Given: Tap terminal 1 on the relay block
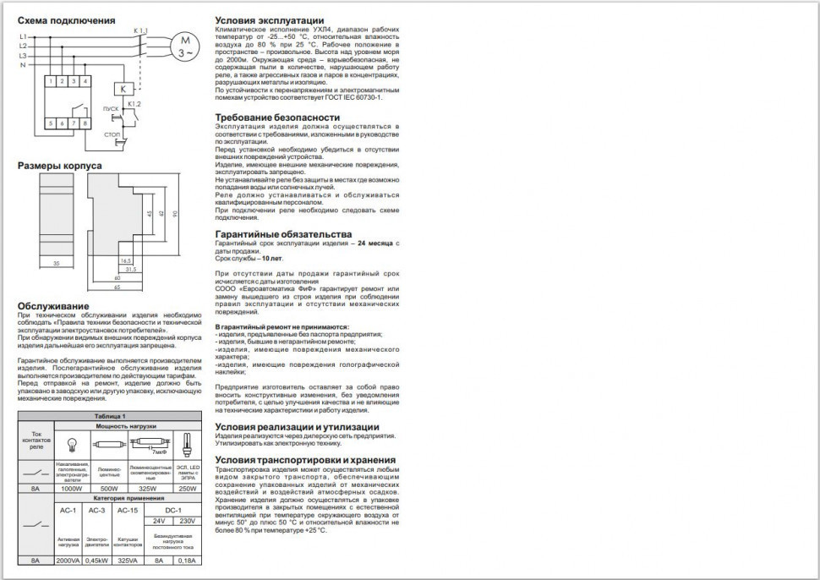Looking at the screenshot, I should point(52,81).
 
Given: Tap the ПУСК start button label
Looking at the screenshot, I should point(110,110).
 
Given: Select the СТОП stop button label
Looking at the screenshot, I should point(111,134).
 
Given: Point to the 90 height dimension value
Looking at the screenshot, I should point(175,213).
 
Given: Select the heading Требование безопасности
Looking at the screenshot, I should point(277,118).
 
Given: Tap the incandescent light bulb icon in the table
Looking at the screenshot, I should point(73,442).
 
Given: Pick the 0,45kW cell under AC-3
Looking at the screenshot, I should point(96,560).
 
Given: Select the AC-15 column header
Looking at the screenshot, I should point(128,511).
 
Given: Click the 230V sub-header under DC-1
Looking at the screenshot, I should point(188,521).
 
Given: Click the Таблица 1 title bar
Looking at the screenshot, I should point(110,417).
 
